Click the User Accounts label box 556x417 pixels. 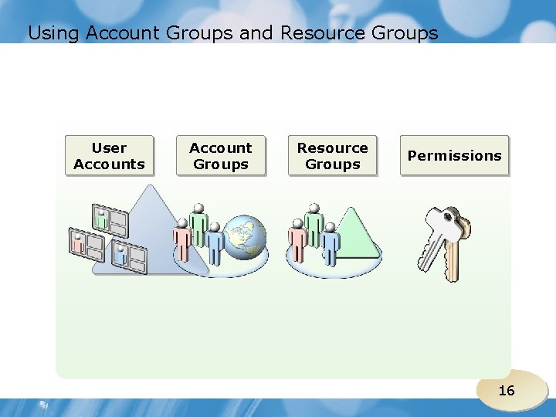109,156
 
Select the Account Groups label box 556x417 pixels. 221,156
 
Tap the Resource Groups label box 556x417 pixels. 333,156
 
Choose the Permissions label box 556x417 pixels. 454,156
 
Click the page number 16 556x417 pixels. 506,391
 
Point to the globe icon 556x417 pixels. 244,236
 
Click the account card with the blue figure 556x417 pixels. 128,255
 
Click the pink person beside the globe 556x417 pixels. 182,239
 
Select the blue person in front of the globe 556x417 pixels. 215,243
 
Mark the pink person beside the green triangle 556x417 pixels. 297,239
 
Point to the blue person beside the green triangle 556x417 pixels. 331,243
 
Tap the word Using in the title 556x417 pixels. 54,33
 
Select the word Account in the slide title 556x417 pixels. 121,33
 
